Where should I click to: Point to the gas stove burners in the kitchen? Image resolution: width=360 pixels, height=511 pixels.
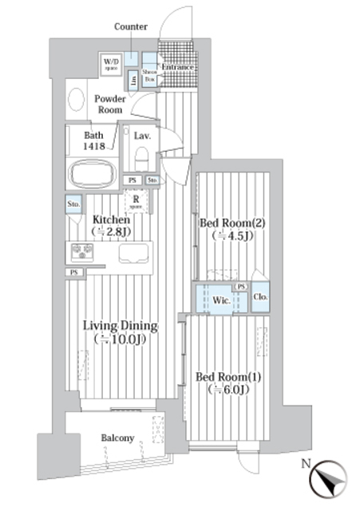(x=82, y=252)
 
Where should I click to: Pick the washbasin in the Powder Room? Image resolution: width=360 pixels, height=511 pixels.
(x=77, y=100)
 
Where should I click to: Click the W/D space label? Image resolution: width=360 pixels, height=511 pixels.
(x=111, y=62)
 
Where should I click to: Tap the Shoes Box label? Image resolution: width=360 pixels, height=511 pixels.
(x=148, y=74)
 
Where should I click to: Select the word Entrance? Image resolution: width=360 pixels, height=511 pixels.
(x=178, y=67)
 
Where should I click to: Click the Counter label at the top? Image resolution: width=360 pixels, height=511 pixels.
(x=131, y=26)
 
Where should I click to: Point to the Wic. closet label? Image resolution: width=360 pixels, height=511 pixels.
(x=221, y=300)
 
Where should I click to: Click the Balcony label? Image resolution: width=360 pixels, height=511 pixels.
(x=117, y=438)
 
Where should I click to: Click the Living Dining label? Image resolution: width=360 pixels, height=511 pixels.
(x=121, y=326)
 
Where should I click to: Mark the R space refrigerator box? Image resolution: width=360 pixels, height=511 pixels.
(x=136, y=203)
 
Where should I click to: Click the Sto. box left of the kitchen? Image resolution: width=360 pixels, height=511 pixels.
(x=73, y=204)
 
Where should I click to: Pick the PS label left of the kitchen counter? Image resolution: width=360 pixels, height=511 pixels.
(x=73, y=272)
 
